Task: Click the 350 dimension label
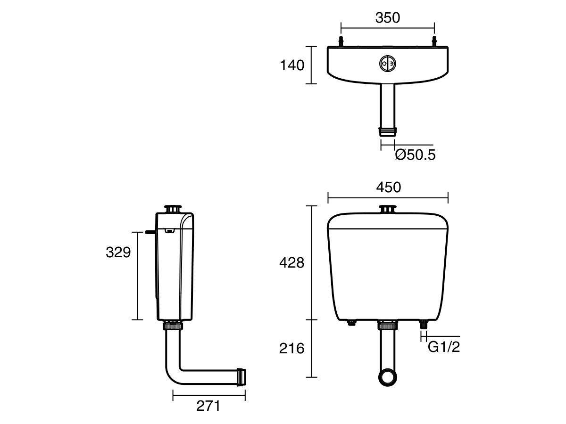click(x=387, y=18)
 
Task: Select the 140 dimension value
click(x=292, y=65)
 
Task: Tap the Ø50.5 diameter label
click(x=415, y=155)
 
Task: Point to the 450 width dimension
click(x=388, y=187)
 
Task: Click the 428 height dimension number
click(x=292, y=263)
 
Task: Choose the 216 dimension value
click(x=292, y=349)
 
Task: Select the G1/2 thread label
click(x=443, y=347)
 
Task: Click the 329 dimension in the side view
click(x=118, y=253)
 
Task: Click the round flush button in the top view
click(x=388, y=64)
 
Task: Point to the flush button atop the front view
click(x=388, y=209)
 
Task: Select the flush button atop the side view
click(x=173, y=209)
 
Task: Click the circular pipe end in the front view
click(x=388, y=377)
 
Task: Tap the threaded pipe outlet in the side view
click(x=242, y=375)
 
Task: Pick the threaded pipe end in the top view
click(x=388, y=130)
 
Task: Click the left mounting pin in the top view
click(x=341, y=41)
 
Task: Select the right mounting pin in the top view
click(x=434, y=41)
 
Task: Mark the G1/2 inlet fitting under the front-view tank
click(x=424, y=324)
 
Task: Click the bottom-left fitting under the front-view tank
click(x=351, y=323)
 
